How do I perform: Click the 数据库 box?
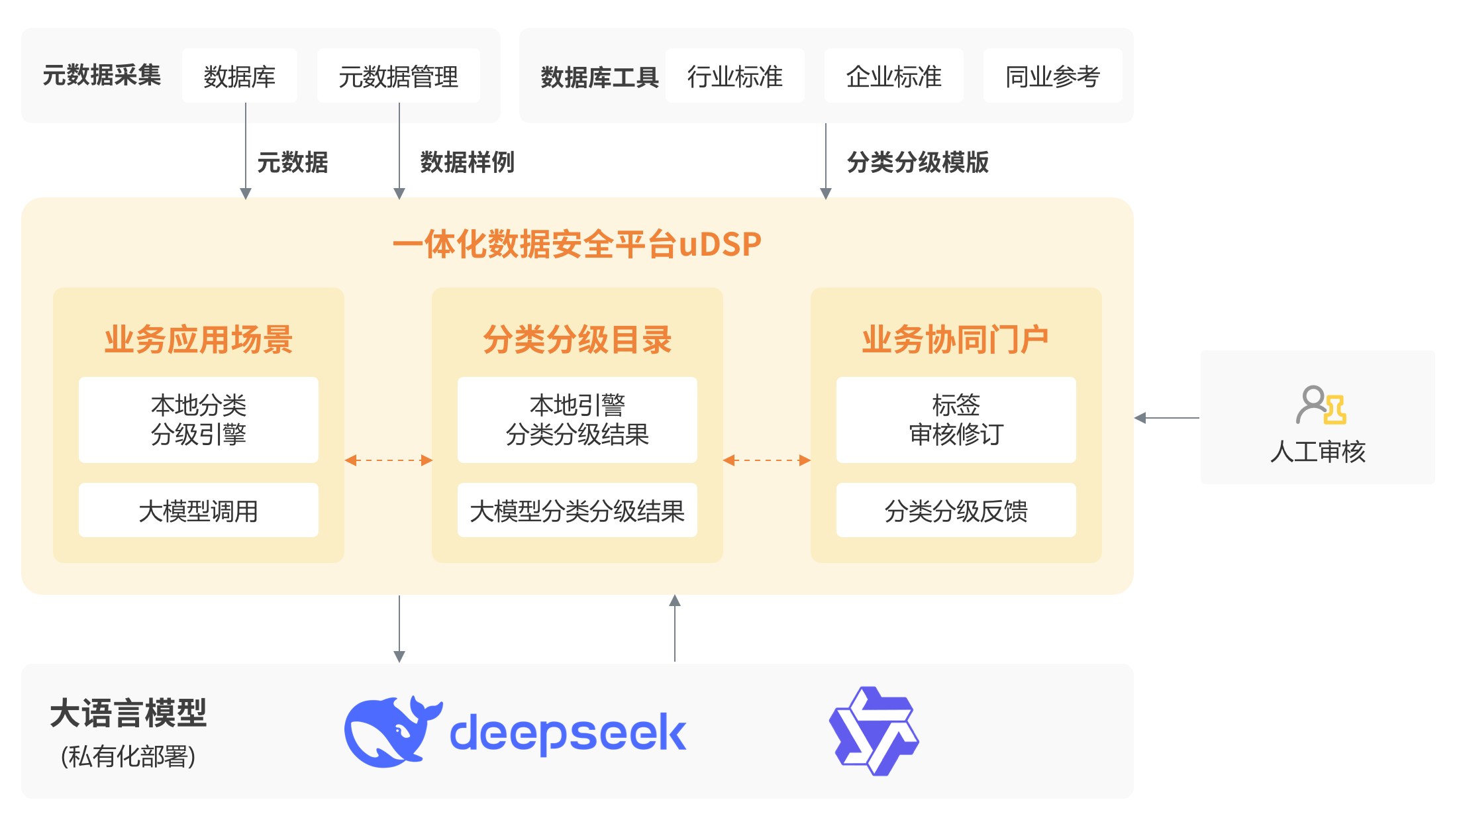click(x=239, y=76)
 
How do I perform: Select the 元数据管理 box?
click(x=398, y=76)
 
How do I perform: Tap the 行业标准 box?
click(x=734, y=76)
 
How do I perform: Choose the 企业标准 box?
click(x=893, y=76)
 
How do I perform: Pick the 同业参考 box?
click(x=1052, y=76)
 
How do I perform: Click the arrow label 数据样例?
click(x=467, y=162)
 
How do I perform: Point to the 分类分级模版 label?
click(x=917, y=162)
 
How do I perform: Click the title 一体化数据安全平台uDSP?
click(x=577, y=244)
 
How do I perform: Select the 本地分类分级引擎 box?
click(x=198, y=420)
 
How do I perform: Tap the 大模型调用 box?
click(x=198, y=511)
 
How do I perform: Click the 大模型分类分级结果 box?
click(x=577, y=511)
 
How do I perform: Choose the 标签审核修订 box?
click(x=956, y=420)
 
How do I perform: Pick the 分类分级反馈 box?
click(x=956, y=511)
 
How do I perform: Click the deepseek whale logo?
click(x=393, y=731)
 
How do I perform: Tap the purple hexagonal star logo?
click(x=874, y=731)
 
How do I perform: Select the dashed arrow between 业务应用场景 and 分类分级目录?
click(x=388, y=460)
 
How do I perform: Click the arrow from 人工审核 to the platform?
click(x=1167, y=418)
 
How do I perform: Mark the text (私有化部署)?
click(x=128, y=756)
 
